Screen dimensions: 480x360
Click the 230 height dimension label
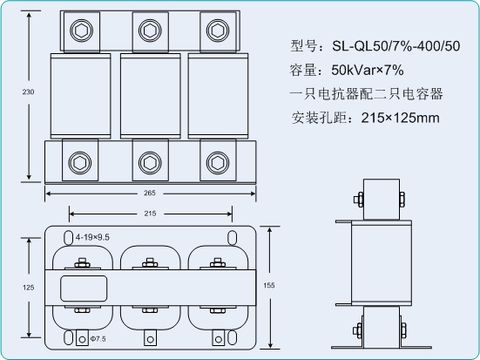(x=28, y=92)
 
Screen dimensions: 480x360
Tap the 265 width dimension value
(x=150, y=193)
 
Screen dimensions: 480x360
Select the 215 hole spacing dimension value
(x=150, y=214)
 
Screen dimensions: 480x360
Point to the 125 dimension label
(x=28, y=288)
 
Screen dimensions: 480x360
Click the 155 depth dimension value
(x=269, y=285)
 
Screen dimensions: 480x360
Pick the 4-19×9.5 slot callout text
(x=92, y=237)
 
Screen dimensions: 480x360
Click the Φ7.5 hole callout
(x=98, y=339)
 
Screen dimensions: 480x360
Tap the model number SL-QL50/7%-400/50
(x=396, y=46)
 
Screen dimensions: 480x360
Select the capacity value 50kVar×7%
(x=368, y=70)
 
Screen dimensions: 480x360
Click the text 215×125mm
(x=400, y=118)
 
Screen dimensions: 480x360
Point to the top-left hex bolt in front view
(x=81, y=31)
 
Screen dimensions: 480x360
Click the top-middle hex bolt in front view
(x=150, y=31)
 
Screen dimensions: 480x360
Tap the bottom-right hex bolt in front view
(x=218, y=163)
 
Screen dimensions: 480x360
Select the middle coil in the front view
(x=151, y=96)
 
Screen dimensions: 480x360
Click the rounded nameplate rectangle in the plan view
(x=84, y=289)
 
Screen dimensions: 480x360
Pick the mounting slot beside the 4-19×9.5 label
(x=68, y=237)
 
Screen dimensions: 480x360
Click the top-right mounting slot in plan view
(x=233, y=237)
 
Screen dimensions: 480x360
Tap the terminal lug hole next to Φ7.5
(x=82, y=339)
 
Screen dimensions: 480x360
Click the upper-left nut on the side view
(x=358, y=200)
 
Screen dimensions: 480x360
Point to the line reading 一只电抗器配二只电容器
(x=366, y=94)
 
